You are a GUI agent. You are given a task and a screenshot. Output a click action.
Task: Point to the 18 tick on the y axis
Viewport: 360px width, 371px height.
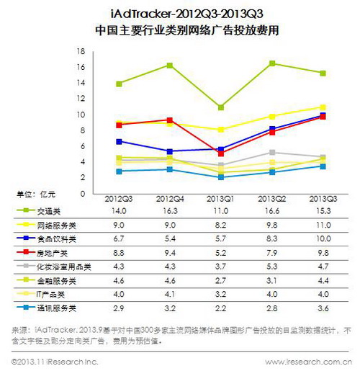click(81, 51)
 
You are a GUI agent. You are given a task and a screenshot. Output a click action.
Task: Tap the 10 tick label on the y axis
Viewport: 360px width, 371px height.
click(81, 115)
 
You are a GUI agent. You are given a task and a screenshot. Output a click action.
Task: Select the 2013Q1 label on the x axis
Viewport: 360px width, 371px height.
click(220, 197)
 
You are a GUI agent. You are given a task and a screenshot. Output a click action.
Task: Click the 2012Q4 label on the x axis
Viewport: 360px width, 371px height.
click(169, 197)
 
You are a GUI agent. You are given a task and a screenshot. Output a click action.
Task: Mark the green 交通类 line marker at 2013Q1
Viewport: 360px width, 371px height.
click(220, 107)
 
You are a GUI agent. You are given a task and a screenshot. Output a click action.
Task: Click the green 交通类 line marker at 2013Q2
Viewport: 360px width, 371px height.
click(271, 63)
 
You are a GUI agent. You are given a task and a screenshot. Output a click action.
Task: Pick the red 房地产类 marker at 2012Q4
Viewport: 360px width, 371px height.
click(169, 120)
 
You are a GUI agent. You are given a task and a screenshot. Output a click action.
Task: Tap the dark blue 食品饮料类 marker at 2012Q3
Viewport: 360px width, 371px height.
click(118, 141)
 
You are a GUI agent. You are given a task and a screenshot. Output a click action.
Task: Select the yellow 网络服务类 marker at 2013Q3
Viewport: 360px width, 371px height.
click(323, 107)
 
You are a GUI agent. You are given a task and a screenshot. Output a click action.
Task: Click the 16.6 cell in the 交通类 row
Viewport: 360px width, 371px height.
click(271, 211)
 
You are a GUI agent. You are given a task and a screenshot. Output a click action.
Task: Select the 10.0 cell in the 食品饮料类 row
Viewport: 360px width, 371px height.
click(323, 238)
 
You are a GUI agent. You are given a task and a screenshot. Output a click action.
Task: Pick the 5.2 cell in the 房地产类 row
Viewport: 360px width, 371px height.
click(220, 252)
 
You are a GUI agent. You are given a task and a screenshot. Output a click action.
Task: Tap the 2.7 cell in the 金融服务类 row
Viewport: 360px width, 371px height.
click(220, 280)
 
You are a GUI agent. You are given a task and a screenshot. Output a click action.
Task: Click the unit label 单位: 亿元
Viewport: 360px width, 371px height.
click(36, 194)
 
